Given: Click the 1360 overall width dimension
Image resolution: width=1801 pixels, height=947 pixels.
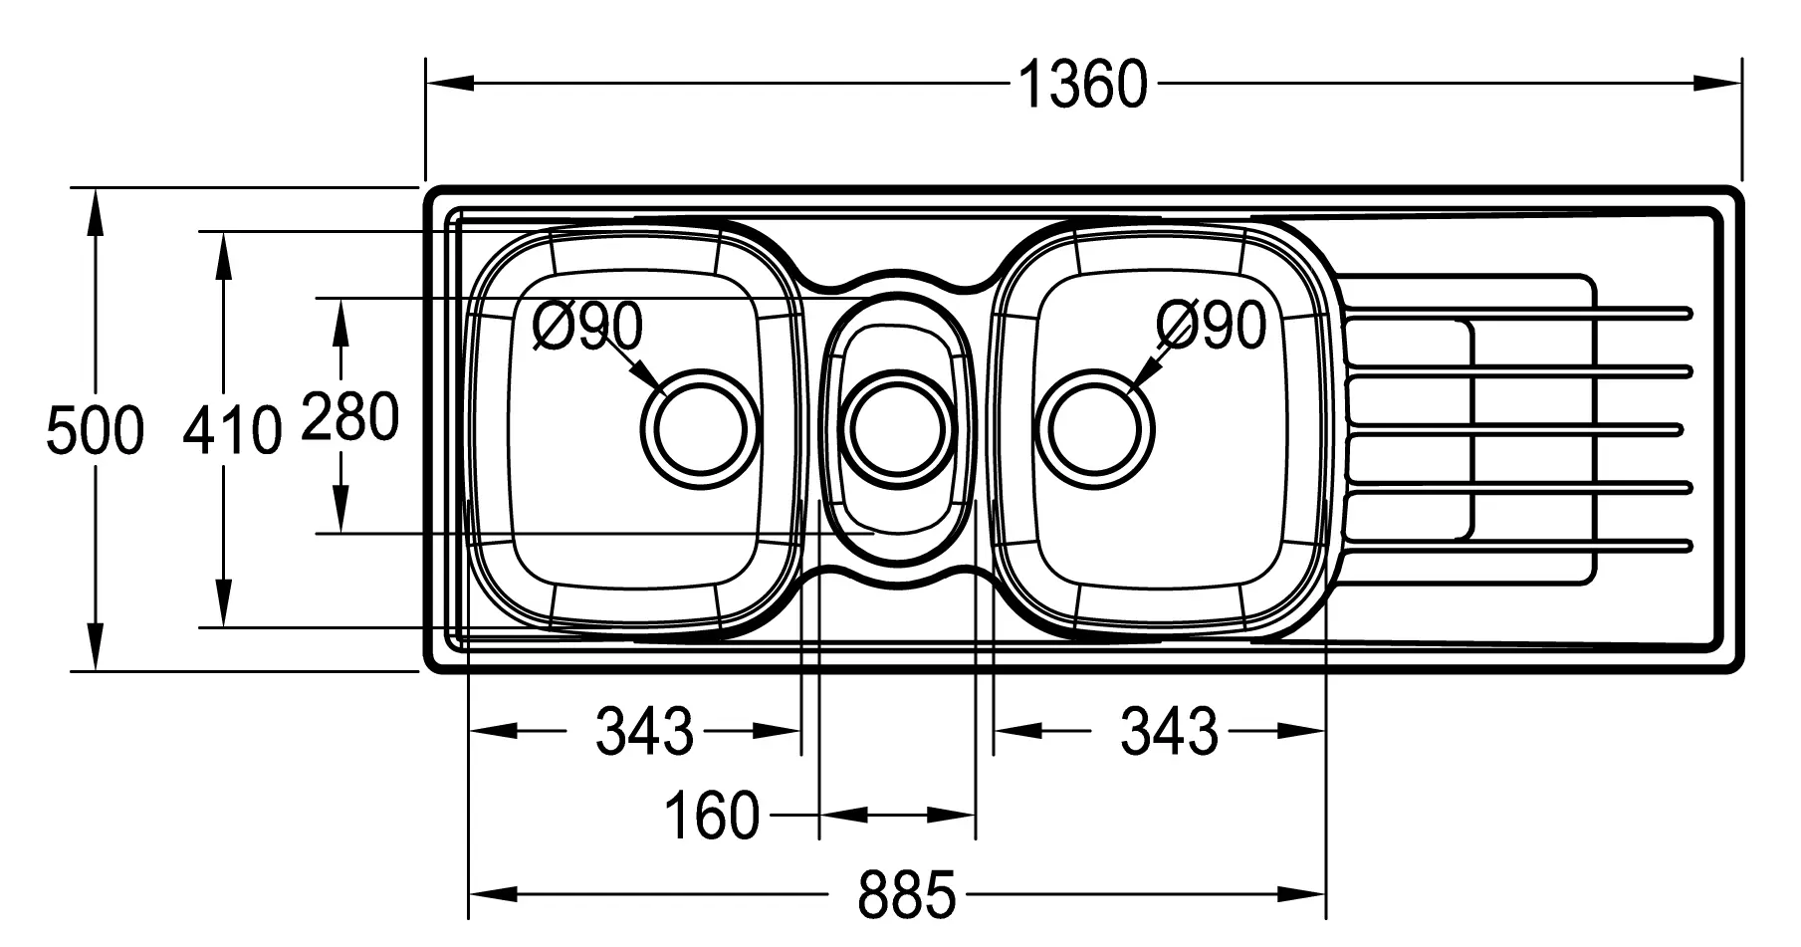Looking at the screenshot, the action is pos(1083,85).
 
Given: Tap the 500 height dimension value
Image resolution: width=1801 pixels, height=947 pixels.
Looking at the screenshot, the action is pos(96,431).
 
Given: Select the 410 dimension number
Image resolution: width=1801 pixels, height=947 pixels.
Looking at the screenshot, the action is pos(233,431).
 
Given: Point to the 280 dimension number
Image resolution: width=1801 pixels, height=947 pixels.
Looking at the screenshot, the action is pos(350,416).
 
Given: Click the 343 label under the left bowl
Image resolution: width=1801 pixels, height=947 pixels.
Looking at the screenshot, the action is pos(644,731).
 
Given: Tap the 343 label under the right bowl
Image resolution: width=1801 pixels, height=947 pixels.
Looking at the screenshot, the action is pos(1170,731).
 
